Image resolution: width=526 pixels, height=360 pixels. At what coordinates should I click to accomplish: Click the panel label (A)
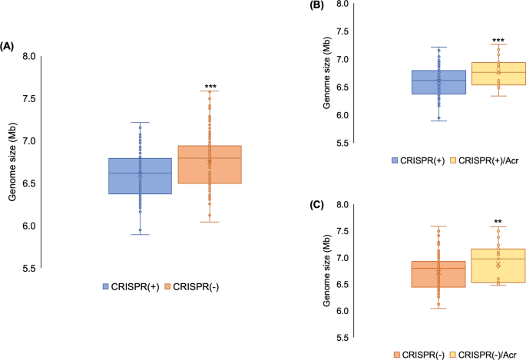(8, 47)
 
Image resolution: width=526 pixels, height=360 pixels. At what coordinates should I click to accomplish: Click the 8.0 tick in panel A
(31, 57)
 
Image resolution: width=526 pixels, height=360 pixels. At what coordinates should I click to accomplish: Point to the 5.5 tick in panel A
(31, 269)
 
